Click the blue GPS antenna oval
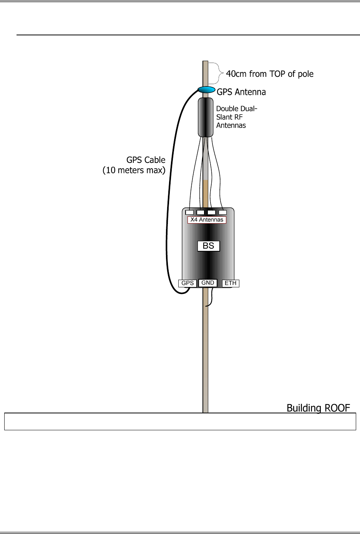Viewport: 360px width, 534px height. [x=207, y=90]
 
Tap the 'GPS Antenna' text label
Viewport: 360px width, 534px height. [x=241, y=92]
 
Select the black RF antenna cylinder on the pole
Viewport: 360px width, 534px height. [x=206, y=117]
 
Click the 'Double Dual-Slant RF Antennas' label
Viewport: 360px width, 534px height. [x=236, y=117]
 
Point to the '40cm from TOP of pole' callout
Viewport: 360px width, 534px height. [x=270, y=74]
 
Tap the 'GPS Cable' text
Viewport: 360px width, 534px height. [x=146, y=160]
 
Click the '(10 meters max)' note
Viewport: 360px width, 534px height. [x=134, y=170]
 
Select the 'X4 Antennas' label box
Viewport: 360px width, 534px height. [x=207, y=220]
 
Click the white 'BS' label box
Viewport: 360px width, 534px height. [x=209, y=246]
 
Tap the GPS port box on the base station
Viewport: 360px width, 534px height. [x=187, y=284]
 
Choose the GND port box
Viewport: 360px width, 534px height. [x=208, y=283]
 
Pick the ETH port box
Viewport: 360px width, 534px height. [x=231, y=284]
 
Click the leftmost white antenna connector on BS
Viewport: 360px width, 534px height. [x=189, y=212]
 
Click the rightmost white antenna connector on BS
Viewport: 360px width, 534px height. [x=222, y=212]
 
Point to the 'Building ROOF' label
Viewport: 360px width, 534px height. [x=318, y=408]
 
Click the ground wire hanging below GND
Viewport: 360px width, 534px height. [x=211, y=298]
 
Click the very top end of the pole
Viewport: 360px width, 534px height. [x=206, y=62]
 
